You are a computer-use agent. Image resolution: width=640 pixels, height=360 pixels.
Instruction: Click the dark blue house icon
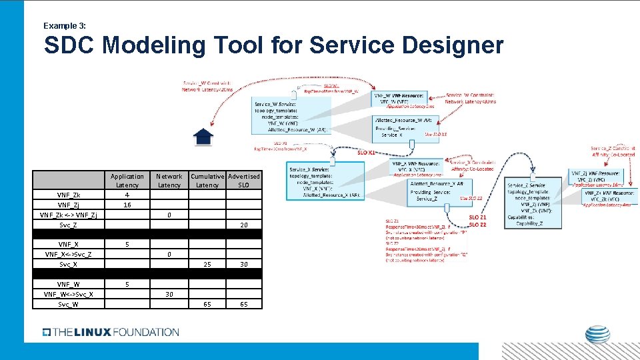pyautogui.click(x=203, y=137)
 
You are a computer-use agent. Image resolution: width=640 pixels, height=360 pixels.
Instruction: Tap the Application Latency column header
pyautogui.click(x=127, y=181)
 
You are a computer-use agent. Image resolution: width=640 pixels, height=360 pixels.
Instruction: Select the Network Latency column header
pyautogui.click(x=169, y=181)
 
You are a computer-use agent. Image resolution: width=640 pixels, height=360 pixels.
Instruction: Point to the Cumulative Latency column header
pyautogui.click(x=207, y=181)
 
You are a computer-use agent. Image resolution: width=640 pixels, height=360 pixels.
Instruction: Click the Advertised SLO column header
pyautogui.click(x=244, y=181)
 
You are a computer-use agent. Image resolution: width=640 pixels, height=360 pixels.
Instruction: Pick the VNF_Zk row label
pyautogui.click(x=69, y=195)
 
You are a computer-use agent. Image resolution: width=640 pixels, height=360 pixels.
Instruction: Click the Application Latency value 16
pyautogui.click(x=127, y=205)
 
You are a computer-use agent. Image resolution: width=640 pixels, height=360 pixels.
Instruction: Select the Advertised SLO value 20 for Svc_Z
pyautogui.click(x=244, y=225)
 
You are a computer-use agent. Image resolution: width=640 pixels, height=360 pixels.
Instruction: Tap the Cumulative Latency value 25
pyautogui.click(x=207, y=265)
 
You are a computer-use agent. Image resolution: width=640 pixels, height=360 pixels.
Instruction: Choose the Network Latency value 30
pyautogui.click(x=169, y=294)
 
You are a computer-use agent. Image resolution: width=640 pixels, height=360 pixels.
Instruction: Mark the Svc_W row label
pyautogui.click(x=69, y=304)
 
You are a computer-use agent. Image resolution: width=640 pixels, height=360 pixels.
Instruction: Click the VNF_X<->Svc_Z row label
pyautogui.click(x=69, y=255)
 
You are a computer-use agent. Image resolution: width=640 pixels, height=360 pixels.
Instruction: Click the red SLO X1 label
pyautogui.click(x=367, y=152)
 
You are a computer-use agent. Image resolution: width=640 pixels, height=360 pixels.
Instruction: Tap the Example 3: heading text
pyautogui.click(x=64, y=25)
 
